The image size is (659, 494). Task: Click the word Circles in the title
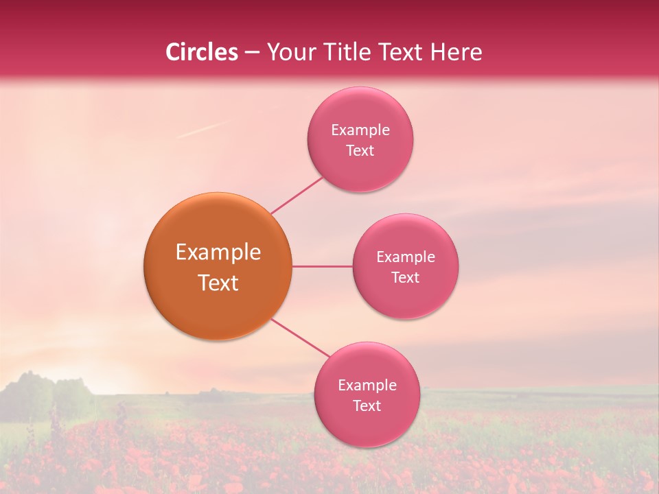[201, 52]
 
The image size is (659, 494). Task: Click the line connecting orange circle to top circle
[297, 196]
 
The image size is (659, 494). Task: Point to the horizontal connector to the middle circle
[322, 266]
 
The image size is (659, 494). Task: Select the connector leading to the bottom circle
[301, 338]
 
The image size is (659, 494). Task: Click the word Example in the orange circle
[218, 252]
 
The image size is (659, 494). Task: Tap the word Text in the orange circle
[218, 283]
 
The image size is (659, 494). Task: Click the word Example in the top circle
[360, 130]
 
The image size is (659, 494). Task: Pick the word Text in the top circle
[360, 150]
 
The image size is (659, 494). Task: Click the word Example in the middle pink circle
[405, 257]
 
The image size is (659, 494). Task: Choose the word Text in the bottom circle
[367, 405]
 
